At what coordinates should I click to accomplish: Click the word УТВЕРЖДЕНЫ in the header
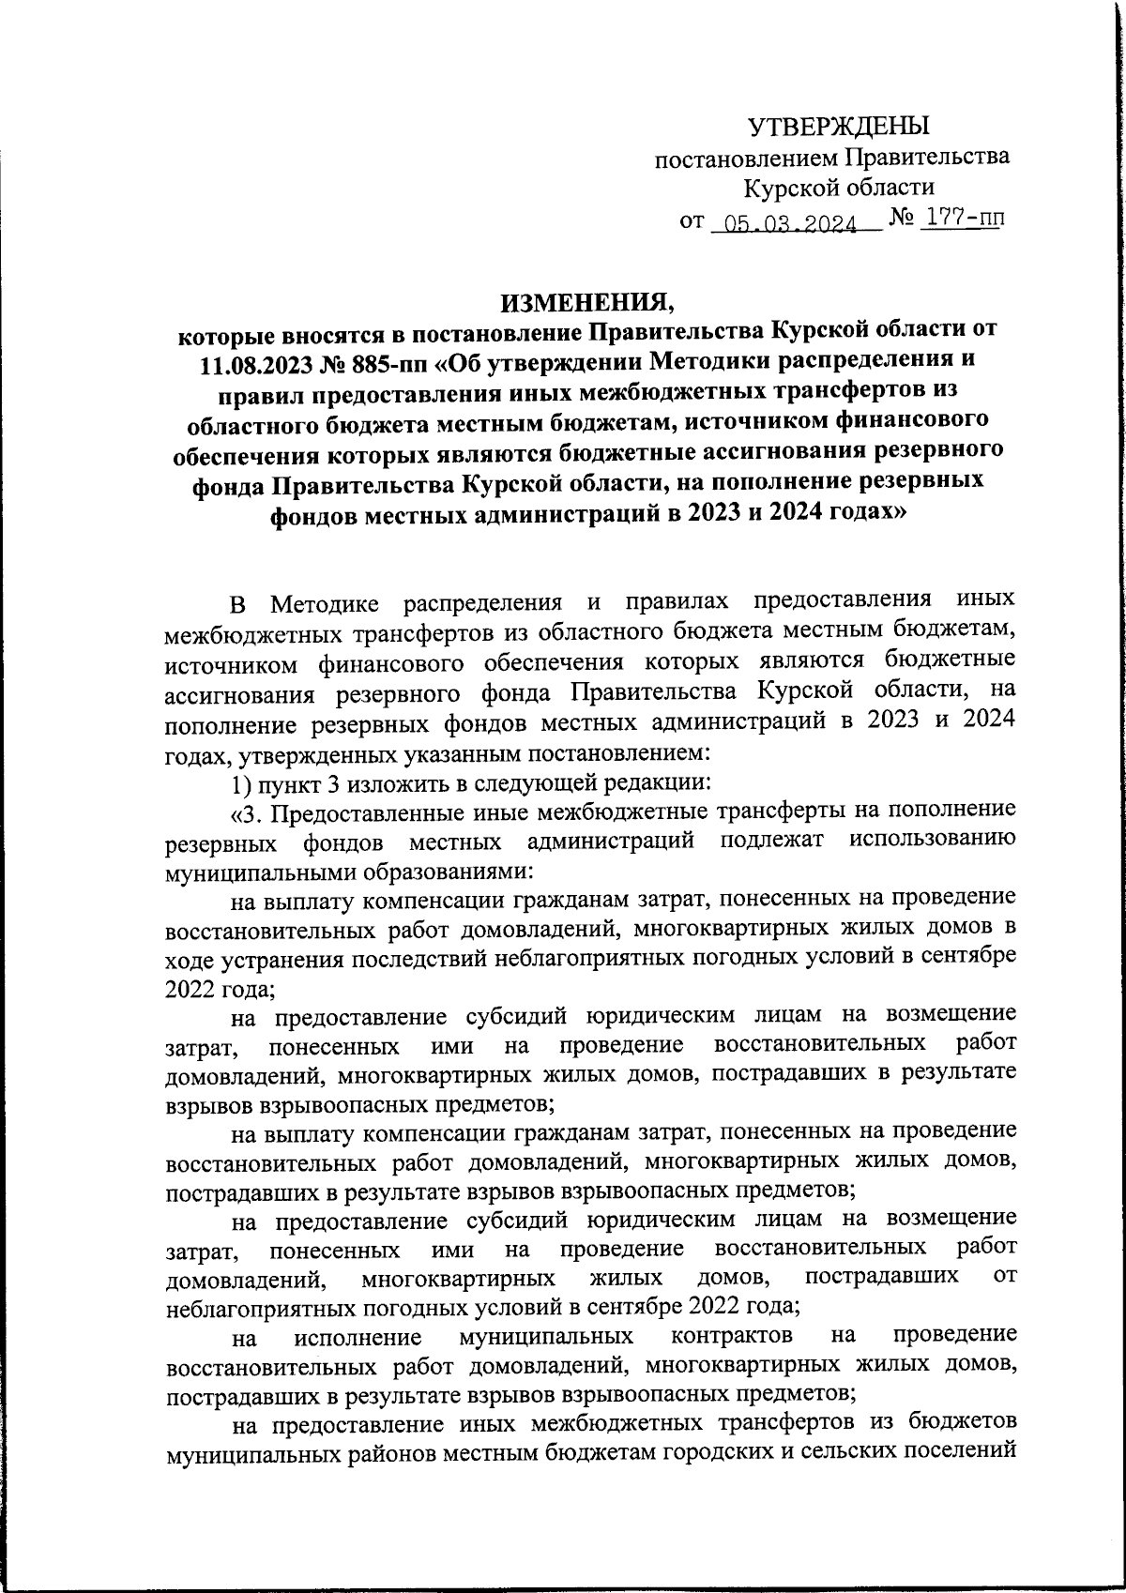838,126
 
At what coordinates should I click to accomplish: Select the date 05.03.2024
784,223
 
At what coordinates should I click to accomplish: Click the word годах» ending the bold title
861,514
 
